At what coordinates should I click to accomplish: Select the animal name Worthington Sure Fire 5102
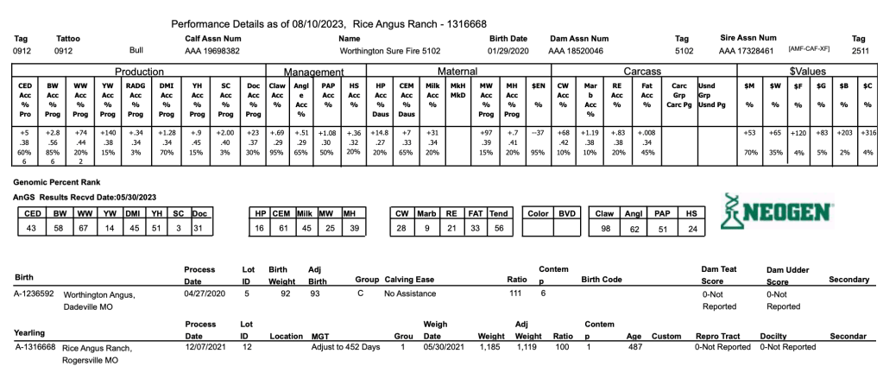point(393,51)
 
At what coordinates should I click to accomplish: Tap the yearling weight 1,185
point(489,346)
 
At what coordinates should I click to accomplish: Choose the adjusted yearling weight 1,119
point(526,346)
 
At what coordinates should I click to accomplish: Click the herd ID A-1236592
point(35,293)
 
